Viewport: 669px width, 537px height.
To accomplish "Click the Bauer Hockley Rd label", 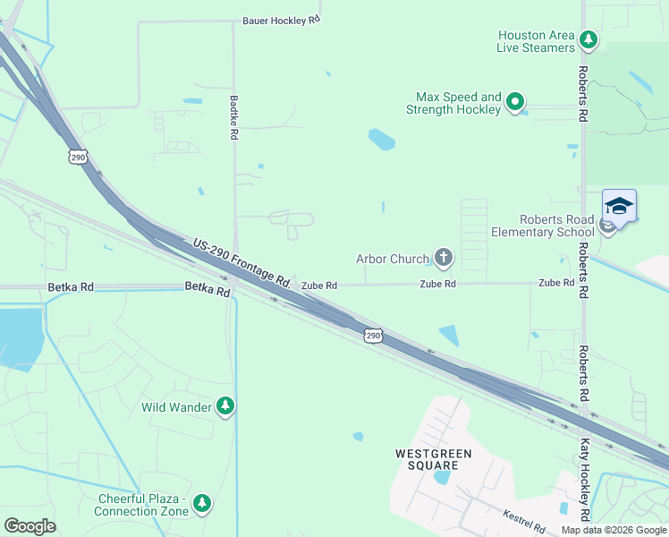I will (282, 20).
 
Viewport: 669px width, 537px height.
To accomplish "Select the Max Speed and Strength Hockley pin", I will (515, 103).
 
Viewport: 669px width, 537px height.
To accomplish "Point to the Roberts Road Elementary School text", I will (543, 226).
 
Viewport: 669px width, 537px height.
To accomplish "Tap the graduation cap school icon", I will (619, 206).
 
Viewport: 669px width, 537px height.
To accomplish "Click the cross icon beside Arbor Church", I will (443, 260).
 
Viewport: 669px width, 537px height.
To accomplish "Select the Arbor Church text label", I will (393, 260).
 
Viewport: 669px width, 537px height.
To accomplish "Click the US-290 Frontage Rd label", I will (242, 261).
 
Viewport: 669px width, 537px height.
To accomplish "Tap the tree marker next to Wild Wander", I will (226, 407).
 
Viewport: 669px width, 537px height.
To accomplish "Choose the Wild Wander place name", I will (177, 408).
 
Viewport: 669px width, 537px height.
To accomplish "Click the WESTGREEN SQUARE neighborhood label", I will (434, 459).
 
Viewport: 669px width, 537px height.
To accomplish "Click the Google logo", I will (30, 526).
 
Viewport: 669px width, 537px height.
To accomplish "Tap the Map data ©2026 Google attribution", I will (614, 530).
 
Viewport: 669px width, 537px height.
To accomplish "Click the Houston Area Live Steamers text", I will (536, 41).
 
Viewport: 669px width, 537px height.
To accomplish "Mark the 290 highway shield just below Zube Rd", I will (374, 335).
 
